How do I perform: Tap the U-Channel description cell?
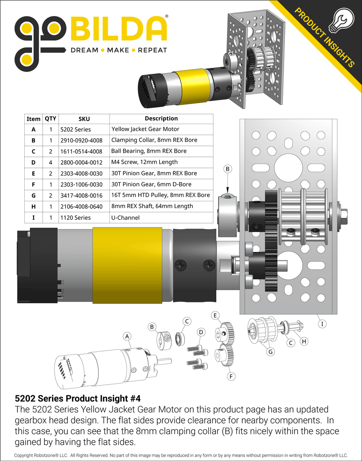[125, 217]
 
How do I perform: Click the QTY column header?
[51, 119]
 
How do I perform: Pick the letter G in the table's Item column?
[34, 195]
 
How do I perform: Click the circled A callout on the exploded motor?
[126, 336]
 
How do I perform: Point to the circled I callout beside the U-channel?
[322, 324]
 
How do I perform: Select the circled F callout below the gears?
[230, 377]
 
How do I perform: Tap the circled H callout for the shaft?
[304, 341]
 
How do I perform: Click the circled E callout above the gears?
[215, 315]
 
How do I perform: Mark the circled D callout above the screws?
[201, 332]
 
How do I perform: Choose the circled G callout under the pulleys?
[270, 352]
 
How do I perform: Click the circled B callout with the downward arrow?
[228, 169]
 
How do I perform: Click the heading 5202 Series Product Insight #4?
[78, 398]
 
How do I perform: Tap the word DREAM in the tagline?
[84, 50]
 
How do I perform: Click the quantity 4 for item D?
[51, 162]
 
